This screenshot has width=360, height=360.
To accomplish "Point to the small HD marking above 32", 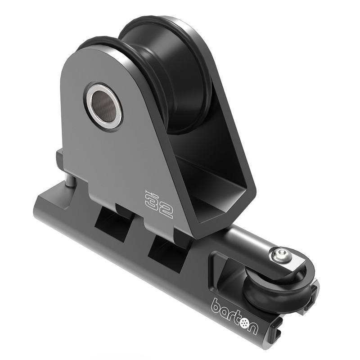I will point(150,194).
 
